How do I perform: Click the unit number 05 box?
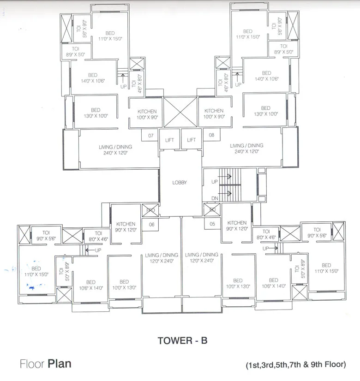tap(212, 225)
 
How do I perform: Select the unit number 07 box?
tap(150, 136)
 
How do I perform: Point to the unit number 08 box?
tap(212, 136)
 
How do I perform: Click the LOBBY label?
tap(180, 183)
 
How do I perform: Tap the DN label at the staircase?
tap(214, 198)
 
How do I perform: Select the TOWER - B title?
tap(183, 340)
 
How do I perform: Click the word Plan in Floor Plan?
tap(60, 364)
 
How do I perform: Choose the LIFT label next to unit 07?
tap(169, 140)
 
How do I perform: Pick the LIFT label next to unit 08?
tap(191, 140)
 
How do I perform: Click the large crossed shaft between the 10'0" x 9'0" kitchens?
tap(180, 112)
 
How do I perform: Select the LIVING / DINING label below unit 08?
tap(247, 148)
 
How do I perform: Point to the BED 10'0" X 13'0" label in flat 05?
tap(238, 283)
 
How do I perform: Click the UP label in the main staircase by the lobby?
tap(214, 182)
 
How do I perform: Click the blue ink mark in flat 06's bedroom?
tap(31, 287)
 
